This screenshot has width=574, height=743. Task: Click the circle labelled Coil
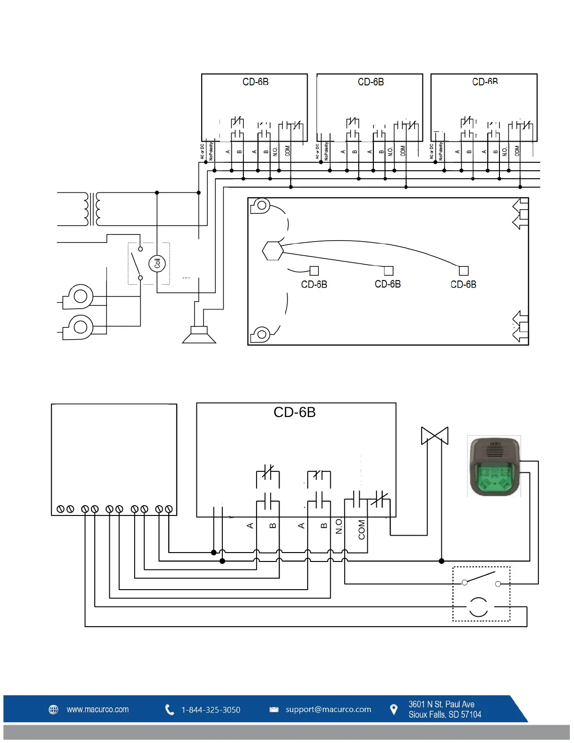[x=157, y=263]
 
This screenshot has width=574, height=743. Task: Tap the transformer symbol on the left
[x=92, y=209]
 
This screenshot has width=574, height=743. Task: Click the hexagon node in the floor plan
[x=272, y=251]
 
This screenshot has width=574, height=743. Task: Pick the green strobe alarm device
[x=494, y=467]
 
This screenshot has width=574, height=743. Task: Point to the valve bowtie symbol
[x=435, y=436]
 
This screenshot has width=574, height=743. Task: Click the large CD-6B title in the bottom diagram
[x=295, y=412]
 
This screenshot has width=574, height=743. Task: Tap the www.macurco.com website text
[x=98, y=709]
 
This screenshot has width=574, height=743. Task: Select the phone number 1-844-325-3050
[x=211, y=710]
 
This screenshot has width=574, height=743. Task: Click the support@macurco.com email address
[x=328, y=709]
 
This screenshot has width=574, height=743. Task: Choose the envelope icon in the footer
[x=274, y=710]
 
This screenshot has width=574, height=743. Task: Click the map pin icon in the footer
[x=394, y=710]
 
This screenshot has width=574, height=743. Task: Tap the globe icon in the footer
[x=54, y=710]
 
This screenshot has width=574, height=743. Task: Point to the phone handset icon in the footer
[x=169, y=710]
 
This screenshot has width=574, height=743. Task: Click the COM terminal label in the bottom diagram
[x=362, y=530]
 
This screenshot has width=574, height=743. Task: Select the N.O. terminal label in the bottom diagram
[x=339, y=526]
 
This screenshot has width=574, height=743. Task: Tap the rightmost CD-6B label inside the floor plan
[x=463, y=284]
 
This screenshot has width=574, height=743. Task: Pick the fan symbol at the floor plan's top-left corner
[x=260, y=206]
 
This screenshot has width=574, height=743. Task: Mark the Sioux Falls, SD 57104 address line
[x=445, y=715]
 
